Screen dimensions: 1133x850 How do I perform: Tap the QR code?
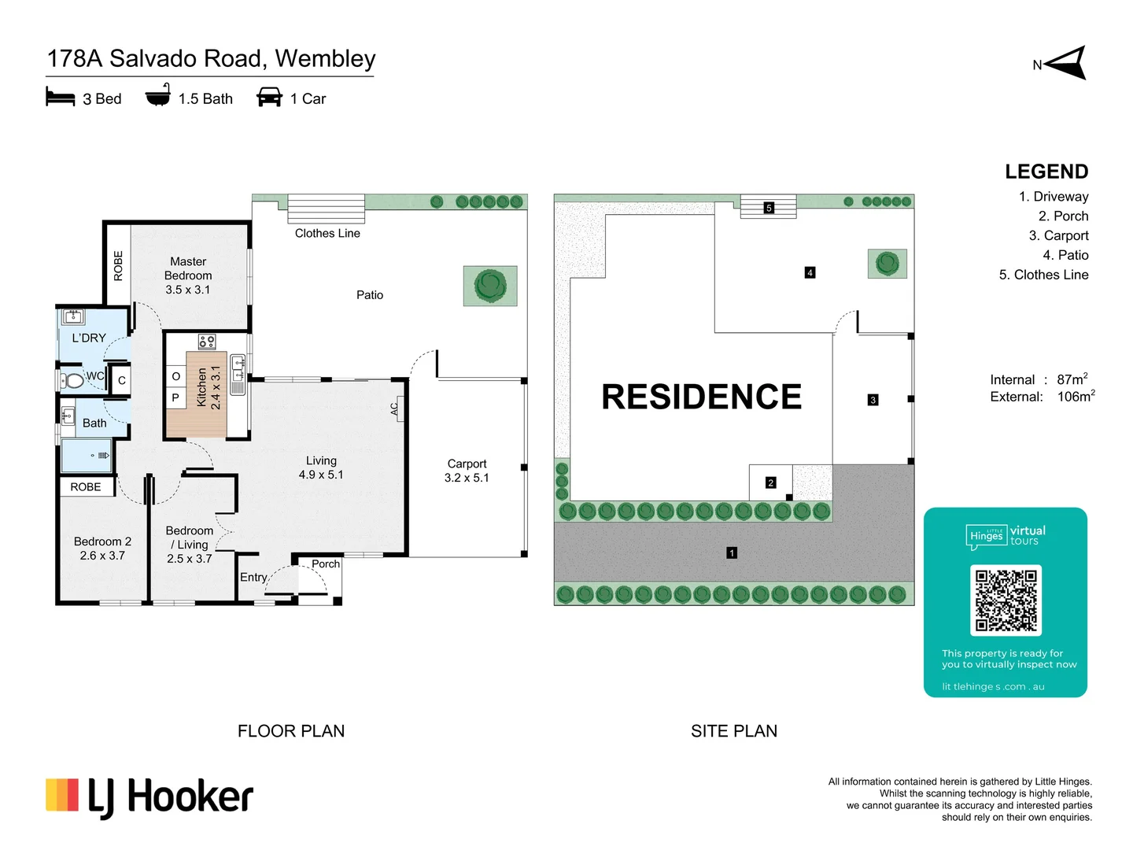pos(1006,601)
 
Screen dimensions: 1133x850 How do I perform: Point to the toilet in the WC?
pos(72,381)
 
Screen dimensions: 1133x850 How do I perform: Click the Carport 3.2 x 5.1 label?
pos(467,471)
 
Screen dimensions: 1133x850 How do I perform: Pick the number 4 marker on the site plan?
pos(810,272)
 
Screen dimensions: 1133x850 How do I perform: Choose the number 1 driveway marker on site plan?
pos(732,553)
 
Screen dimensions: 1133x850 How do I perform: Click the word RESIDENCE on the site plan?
pos(702,397)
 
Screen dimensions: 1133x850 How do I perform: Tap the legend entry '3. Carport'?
pos(1058,235)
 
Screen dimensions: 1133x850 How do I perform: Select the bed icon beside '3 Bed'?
pos(61,97)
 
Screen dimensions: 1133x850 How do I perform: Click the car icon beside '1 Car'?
pos(269,97)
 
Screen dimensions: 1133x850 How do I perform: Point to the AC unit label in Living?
pos(395,408)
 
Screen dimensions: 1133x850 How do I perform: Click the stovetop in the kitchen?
pos(207,341)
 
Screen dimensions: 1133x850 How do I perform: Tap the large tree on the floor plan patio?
pos(490,286)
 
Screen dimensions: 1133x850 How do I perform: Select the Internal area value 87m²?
pos(1072,379)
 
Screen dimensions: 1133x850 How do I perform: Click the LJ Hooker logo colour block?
pos(62,795)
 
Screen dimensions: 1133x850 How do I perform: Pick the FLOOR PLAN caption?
pos(291,731)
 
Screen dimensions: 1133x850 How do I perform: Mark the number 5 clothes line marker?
pos(769,208)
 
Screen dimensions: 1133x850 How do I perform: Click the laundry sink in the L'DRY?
pos(73,316)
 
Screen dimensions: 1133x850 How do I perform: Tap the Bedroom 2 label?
pos(102,548)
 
